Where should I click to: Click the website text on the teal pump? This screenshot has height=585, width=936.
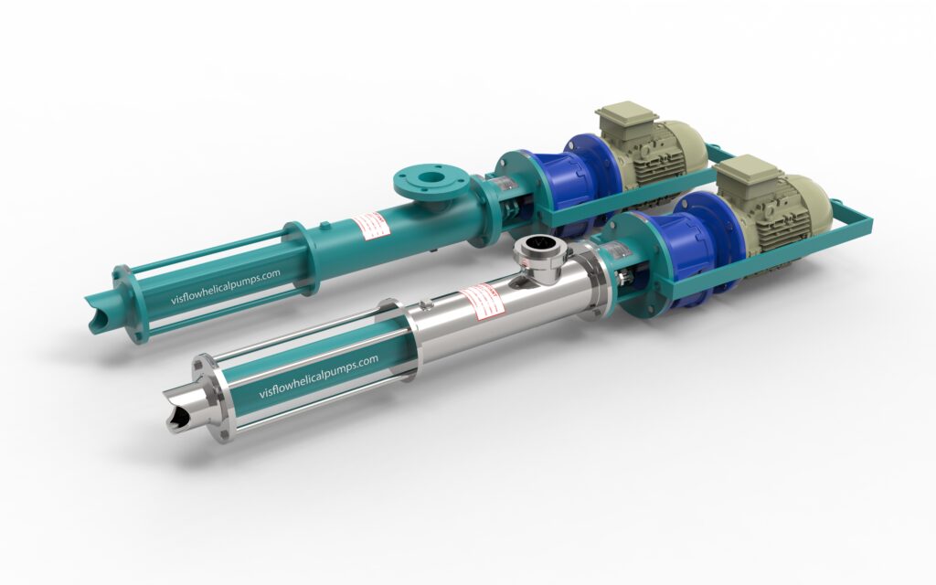click(226, 290)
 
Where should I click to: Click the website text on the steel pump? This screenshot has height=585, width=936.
click(318, 376)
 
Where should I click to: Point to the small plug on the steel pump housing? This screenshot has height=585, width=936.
click(426, 303)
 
